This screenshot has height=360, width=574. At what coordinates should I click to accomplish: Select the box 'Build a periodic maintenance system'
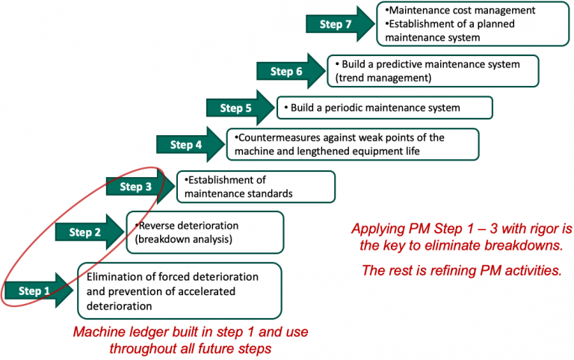point(384,108)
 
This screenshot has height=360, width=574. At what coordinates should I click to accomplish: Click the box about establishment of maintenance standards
point(255,187)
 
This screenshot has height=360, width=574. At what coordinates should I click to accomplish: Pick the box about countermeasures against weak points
point(351,144)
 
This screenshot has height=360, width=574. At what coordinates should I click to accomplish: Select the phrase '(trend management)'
point(383,78)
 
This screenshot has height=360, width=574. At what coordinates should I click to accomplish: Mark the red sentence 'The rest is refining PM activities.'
point(461,270)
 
